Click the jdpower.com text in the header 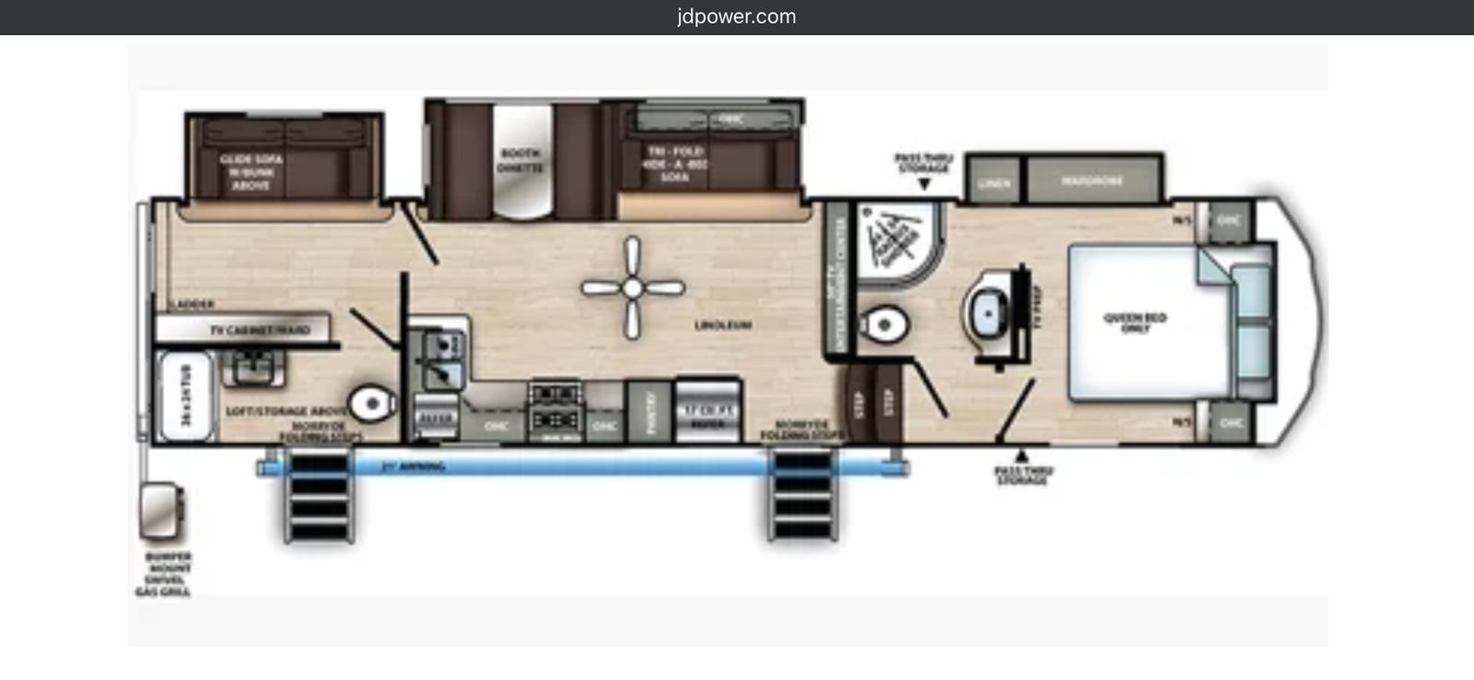736,17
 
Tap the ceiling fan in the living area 632,288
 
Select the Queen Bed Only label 1135,322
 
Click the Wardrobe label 1092,182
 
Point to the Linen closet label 994,183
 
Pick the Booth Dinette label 521,160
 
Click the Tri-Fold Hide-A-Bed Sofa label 675,163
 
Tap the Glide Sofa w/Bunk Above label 251,172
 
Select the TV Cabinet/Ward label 260,329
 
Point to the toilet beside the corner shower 883,324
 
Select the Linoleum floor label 723,325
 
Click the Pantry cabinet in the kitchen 650,411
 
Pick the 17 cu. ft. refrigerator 708,410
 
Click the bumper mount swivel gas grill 161,512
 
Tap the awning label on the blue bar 413,467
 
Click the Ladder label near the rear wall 193,304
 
